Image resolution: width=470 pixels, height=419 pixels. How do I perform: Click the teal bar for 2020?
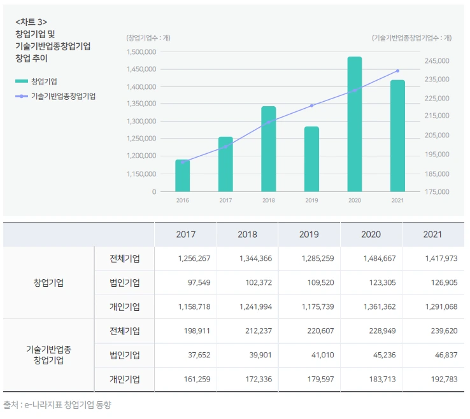[x=355, y=124]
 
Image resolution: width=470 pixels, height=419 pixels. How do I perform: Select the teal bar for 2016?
[x=183, y=175]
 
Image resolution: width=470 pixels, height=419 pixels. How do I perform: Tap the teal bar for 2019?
[x=311, y=159]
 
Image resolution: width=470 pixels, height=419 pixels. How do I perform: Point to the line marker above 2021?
[x=398, y=71]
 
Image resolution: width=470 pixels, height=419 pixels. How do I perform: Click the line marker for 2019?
[x=311, y=106]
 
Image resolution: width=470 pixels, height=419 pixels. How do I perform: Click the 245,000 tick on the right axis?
[x=436, y=60]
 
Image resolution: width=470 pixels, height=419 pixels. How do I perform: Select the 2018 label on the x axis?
[x=269, y=200]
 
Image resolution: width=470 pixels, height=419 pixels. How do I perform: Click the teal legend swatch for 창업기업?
[x=22, y=81]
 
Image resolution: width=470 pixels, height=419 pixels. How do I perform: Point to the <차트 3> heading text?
[x=31, y=22]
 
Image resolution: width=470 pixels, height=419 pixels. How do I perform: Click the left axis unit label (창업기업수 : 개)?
[x=148, y=38]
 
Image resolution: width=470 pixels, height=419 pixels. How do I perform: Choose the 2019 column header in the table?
[x=309, y=235]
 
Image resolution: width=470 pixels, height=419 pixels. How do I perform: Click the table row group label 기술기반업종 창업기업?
[x=48, y=355]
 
